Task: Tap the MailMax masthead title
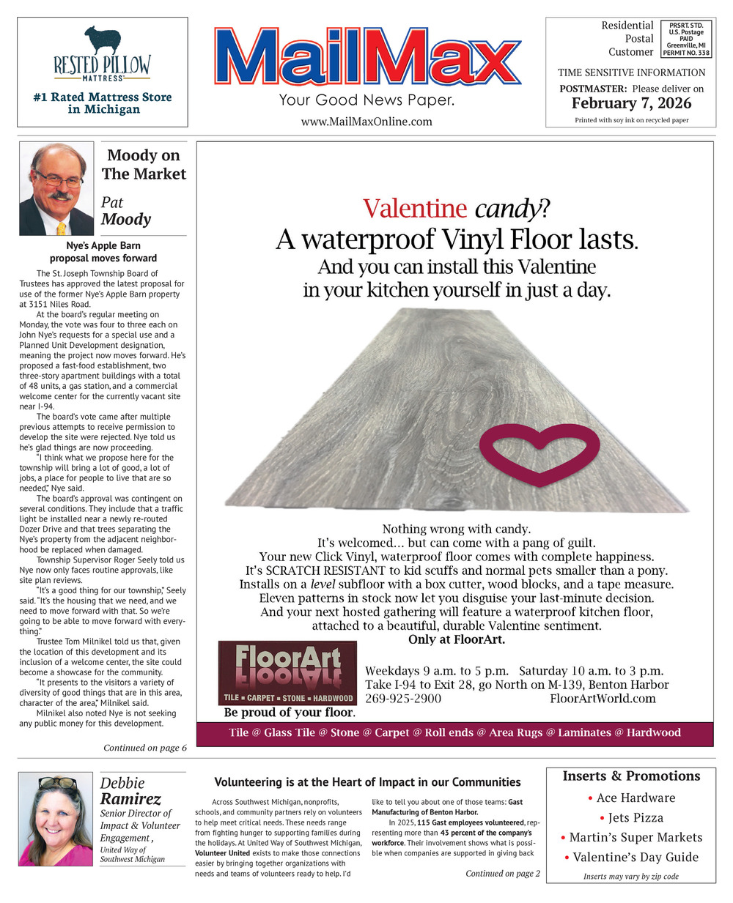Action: pyautogui.click(x=366, y=57)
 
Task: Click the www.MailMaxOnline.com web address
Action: pyautogui.click(x=366, y=122)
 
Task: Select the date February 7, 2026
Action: pyautogui.click(x=631, y=103)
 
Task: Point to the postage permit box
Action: pyautogui.click(x=685, y=40)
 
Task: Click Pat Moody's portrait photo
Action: pyautogui.click(x=56, y=189)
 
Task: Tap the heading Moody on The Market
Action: pyautogui.click(x=144, y=165)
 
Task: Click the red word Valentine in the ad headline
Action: pyautogui.click(x=414, y=209)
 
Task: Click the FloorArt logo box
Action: pyautogui.click(x=287, y=673)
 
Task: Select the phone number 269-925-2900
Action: pyautogui.click(x=403, y=699)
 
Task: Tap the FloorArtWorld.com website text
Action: pyautogui.click(x=603, y=699)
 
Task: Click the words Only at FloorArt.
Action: pyautogui.click(x=456, y=639)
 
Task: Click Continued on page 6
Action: pyautogui.click(x=145, y=748)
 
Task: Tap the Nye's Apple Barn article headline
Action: pyautogui.click(x=103, y=252)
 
